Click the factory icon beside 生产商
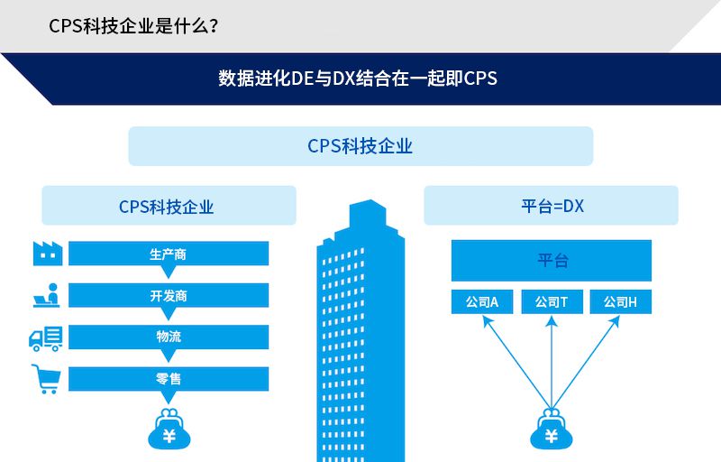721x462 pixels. pyautogui.click(x=46, y=254)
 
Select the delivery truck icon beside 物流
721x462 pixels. pyautogui.click(x=46, y=337)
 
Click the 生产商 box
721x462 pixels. pyautogui.click(x=169, y=254)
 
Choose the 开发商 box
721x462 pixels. pyautogui.click(x=169, y=295)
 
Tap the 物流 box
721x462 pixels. pyautogui.click(x=169, y=337)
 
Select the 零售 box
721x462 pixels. pyautogui.click(x=169, y=379)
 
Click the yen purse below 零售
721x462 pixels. pyautogui.click(x=169, y=431)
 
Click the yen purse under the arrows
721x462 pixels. pyautogui.click(x=551, y=431)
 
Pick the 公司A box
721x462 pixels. pyautogui.click(x=482, y=302)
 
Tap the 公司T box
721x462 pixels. pyautogui.click(x=551, y=302)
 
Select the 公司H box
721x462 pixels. pyautogui.click(x=620, y=302)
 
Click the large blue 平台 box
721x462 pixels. pyautogui.click(x=551, y=261)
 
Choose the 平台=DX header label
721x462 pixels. pyautogui.click(x=551, y=206)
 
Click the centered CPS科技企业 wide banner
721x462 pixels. pyautogui.click(x=360, y=146)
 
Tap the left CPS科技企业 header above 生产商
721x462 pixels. pyautogui.click(x=169, y=206)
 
